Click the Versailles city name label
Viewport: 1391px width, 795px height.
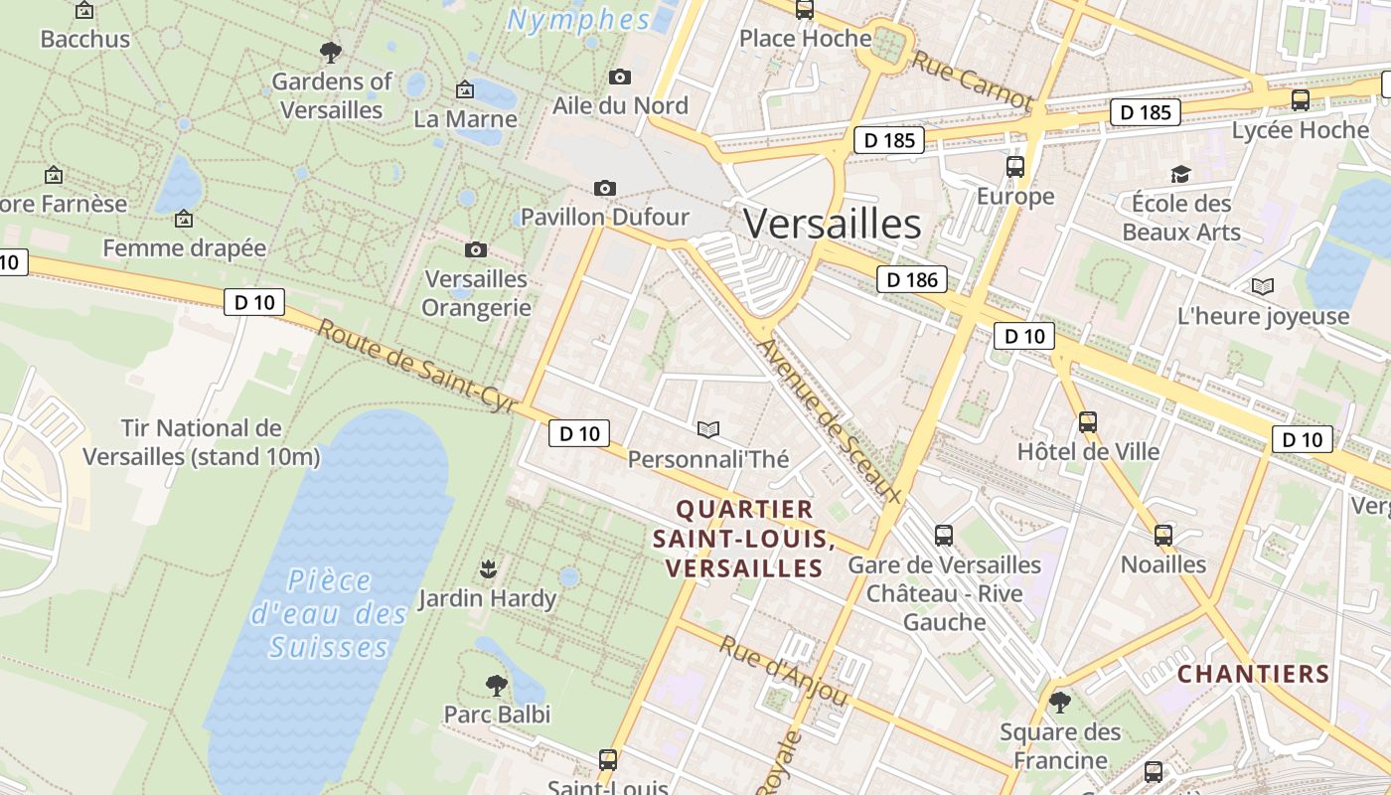[x=832, y=224]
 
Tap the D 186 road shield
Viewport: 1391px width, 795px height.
[x=912, y=279]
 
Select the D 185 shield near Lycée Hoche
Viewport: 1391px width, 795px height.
[x=1146, y=112]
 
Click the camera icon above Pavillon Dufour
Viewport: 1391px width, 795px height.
[x=604, y=188]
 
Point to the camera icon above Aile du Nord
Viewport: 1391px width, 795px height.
[x=620, y=77]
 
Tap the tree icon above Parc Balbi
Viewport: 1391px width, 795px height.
[x=496, y=685]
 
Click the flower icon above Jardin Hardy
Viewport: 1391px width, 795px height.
[x=487, y=569]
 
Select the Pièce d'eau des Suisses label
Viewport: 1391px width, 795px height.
[x=329, y=613]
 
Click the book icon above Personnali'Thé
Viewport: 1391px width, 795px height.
[x=707, y=429]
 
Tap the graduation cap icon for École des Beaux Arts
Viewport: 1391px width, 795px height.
[x=1180, y=174]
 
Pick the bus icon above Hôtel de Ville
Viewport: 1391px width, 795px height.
[x=1088, y=422]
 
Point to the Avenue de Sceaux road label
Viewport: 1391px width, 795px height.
[x=829, y=421]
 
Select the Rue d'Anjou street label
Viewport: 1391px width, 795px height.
[x=783, y=672]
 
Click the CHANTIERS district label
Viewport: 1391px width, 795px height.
[x=1253, y=674]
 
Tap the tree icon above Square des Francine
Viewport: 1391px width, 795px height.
[x=1060, y=703]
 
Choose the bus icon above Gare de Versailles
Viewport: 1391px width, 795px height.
[x=944, y=536]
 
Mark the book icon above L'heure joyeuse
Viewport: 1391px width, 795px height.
[x=1263, y=287]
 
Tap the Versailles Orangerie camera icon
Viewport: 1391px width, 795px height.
[x=476, y=249]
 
